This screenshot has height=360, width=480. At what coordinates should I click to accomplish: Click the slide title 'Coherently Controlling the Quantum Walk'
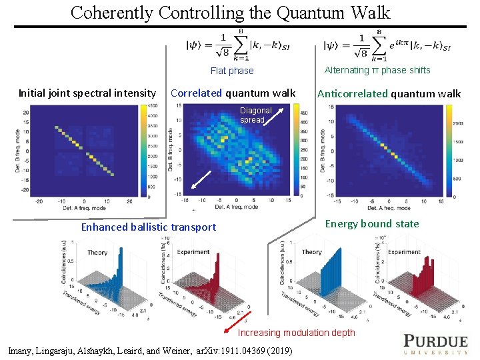(x=230, y=12)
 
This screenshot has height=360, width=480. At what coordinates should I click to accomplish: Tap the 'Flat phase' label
(x=232, y=71)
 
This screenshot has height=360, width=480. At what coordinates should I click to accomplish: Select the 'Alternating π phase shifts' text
(x=377, y=70)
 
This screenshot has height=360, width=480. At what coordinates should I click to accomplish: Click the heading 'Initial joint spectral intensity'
(x=87, y=93)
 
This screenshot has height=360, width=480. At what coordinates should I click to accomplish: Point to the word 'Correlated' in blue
(x=196, y=93)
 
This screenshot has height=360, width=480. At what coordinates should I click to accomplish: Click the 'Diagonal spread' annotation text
(x=256, y=115)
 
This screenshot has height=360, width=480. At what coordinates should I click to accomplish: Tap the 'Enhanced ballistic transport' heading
(x=148, y=227)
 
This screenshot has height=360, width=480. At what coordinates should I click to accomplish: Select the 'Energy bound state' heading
(x=372, y=224)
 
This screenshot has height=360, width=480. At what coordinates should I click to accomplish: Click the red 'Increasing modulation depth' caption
(x=297, y=333)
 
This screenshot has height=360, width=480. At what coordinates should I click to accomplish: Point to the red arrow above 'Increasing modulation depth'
(x=245, y=319)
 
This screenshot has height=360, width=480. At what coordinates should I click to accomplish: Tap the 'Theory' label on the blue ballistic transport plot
(x=97, y=253)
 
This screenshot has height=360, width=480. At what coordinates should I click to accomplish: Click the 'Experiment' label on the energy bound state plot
(x=404, y=252)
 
